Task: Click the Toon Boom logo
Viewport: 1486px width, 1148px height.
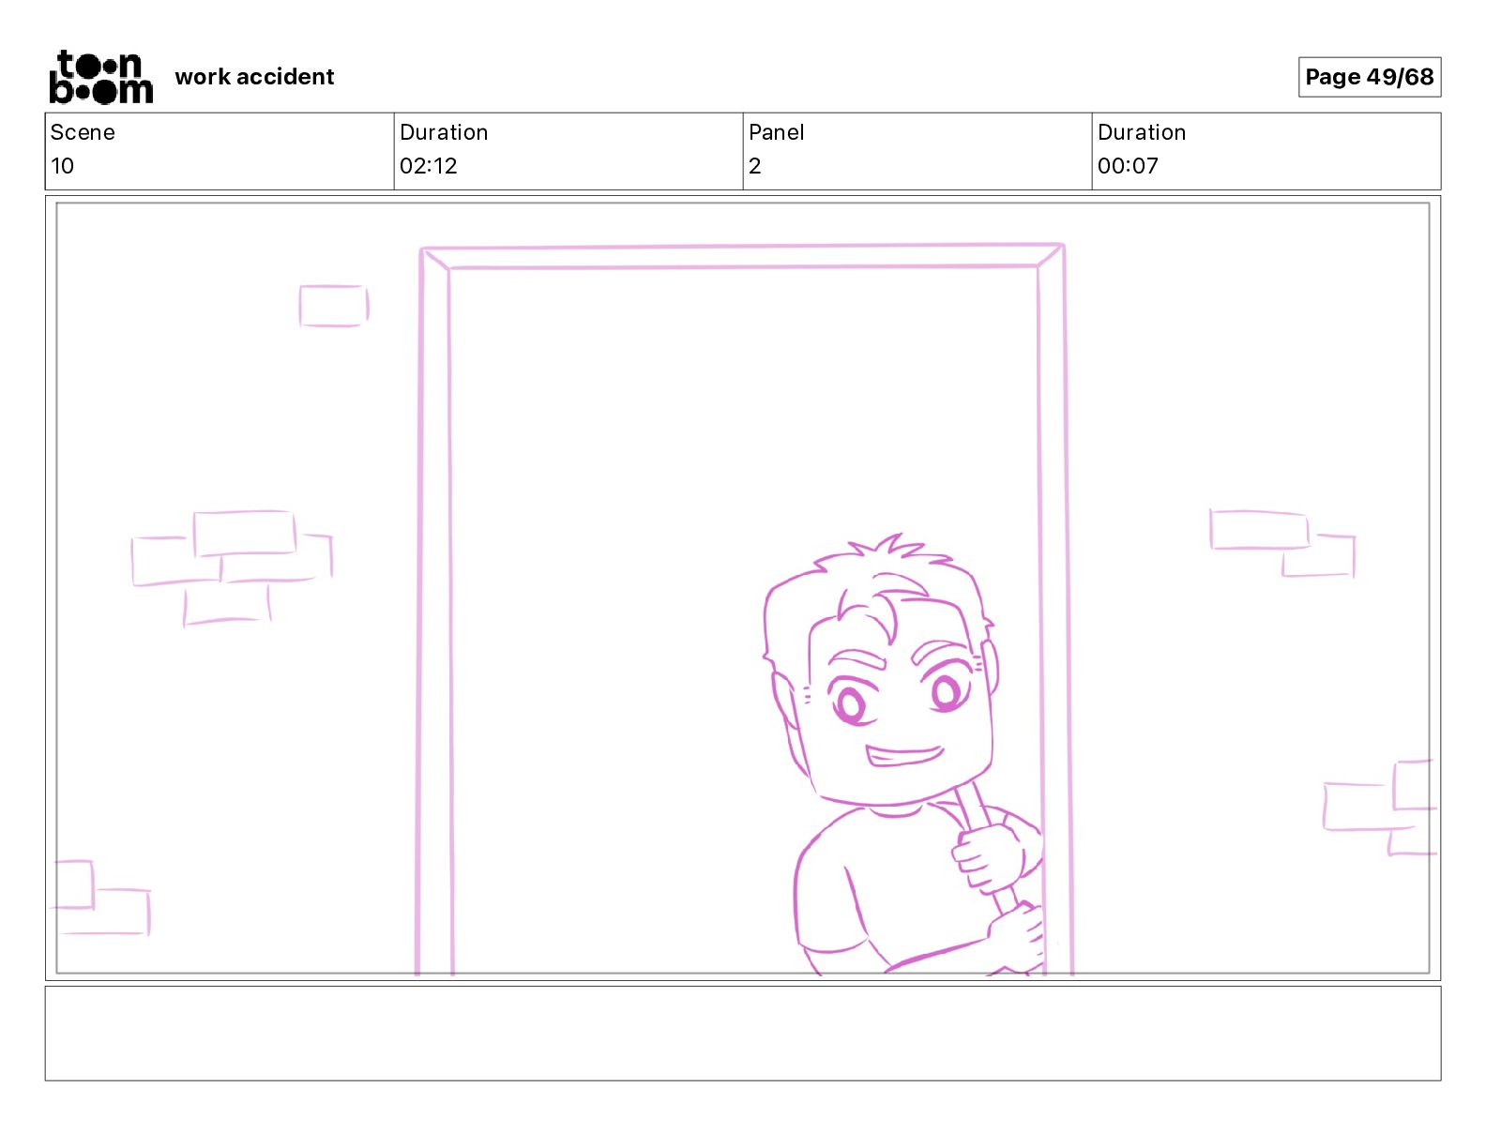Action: [x=101, y=77]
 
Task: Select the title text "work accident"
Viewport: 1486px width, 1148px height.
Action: [x=254, y=77]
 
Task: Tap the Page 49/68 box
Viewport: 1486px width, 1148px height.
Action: [x=1369, y=77]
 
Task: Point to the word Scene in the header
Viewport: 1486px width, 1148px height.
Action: [x=83, y=132]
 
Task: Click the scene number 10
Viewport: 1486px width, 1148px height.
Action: [x=62, y=165]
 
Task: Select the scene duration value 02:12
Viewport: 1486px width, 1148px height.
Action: [x=428, y=165]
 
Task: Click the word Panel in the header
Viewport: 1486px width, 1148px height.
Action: [x=776, y=132]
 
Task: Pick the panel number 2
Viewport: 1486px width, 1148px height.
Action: [x=755, y=165]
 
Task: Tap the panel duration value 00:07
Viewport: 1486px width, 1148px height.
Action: [x=1128, y=165]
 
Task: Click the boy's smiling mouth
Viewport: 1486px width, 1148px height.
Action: [x=904, y=756]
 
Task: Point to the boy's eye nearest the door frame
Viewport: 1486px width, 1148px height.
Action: [x=947, y=692]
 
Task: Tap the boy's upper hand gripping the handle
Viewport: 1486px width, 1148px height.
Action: [x=988, y=859]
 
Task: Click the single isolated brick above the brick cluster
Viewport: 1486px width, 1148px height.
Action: [x=334, y=306]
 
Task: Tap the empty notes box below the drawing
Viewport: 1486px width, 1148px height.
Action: [x=743, y=1034]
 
